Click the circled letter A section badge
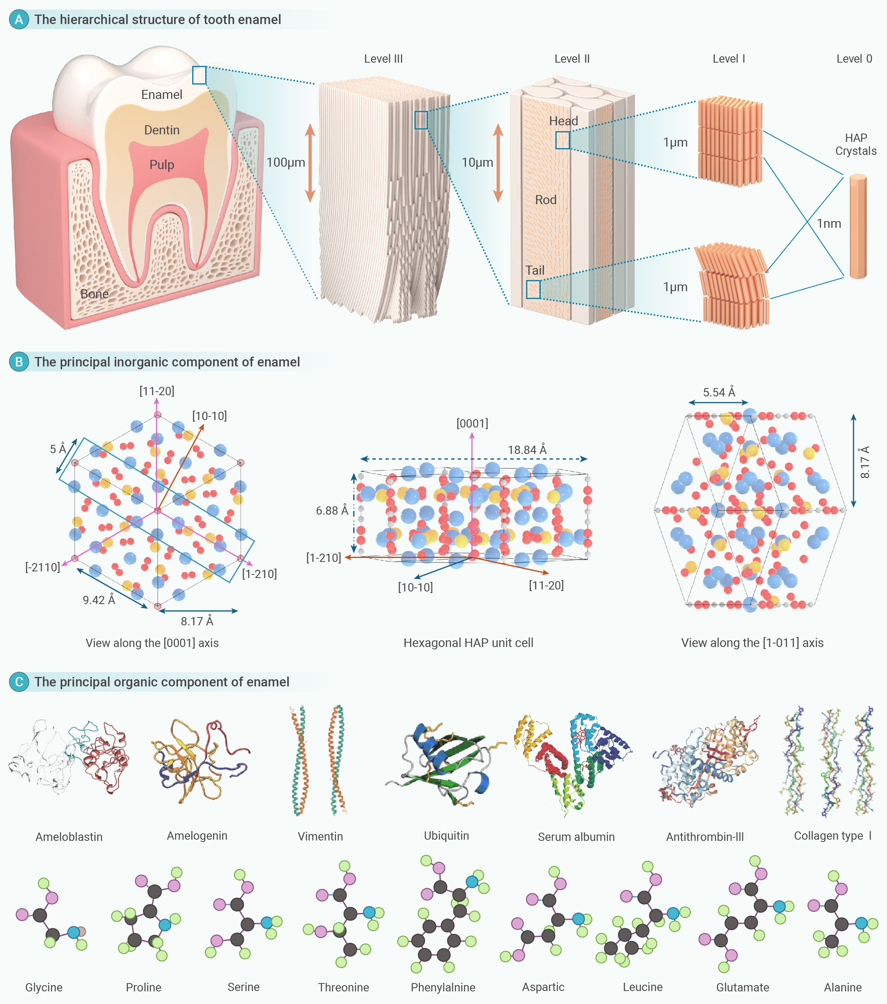point(19,20)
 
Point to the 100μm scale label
point(286,163)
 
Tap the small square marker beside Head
point(562,140)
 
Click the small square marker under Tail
point(533,289)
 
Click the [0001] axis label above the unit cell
point(472,423)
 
